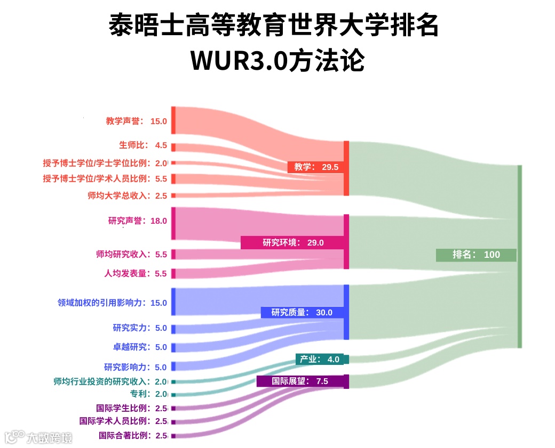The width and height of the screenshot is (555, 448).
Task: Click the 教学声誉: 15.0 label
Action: point(137,121)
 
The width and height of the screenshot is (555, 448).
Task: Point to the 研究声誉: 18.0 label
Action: point(138,221)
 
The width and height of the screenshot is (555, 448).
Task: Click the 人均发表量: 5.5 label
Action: point(136,274)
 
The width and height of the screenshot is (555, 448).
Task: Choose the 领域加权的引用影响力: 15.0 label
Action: point(113,303)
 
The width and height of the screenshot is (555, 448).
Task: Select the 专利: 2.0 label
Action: point(149,394)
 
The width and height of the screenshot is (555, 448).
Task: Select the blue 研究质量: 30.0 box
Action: point(302,312)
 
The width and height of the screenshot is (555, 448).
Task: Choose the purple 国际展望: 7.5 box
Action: point(302,381)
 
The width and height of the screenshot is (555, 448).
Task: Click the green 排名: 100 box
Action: point(476,255)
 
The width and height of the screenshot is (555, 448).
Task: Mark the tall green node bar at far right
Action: point(519,256)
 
